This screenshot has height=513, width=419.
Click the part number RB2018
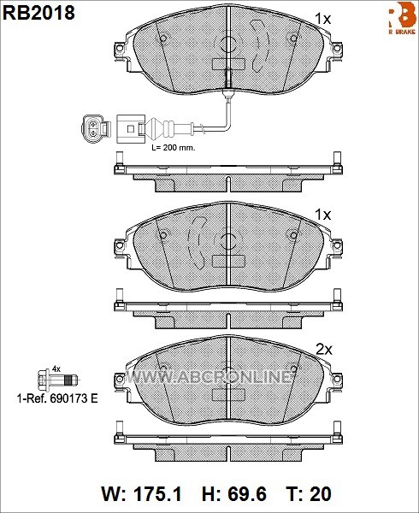point(39,13)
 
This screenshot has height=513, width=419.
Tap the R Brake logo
point(402,18)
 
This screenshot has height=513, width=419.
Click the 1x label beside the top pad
point(323,20)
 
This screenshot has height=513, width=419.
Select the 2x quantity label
point(324,350)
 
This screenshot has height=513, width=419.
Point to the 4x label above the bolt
point(56,369)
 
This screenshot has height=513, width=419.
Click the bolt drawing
point(58,380)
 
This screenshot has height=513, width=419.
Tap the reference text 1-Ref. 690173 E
point(57,398)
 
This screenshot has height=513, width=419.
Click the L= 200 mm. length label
point(174,148)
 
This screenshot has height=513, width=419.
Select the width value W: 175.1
point(142,494)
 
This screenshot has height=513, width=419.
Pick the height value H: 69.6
point(234,494)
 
